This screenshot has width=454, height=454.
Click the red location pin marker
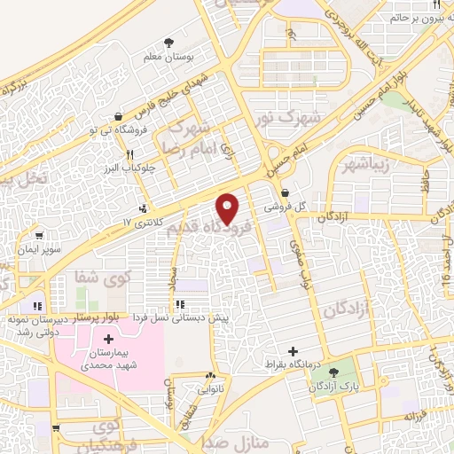click(x=229, y=208)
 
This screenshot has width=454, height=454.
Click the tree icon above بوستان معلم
click(x=168, y=42)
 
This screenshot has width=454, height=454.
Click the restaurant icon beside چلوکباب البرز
click(x=129, y=153)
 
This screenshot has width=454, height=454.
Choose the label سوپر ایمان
click(x=43, y=250)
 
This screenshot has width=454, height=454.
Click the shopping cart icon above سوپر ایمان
click(x=39, y=237)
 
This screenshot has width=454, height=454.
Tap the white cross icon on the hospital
click(x=109, y=339)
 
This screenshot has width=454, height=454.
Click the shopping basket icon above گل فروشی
click(x=284, y=192)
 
